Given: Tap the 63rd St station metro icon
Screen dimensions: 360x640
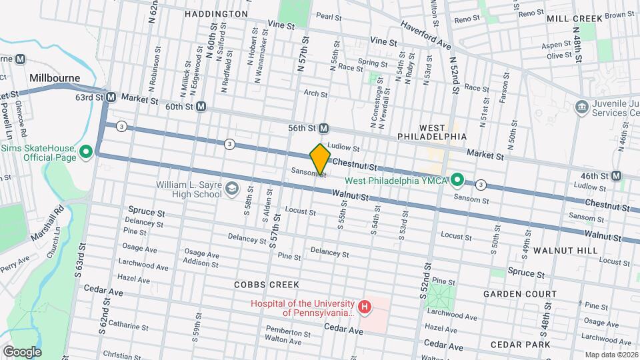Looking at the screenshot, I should tap(111, 97).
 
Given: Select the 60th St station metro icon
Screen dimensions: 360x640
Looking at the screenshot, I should tap(201, 107).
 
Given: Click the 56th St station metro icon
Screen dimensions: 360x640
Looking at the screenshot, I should tap(323, 128).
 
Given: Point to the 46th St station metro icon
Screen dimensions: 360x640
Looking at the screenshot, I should tap(616, 176).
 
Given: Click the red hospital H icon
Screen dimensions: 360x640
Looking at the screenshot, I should tap(365, 307).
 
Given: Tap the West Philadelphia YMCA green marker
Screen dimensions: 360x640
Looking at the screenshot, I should tap(457, 179).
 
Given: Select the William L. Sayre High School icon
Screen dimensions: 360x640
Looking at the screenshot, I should tap(231, 189).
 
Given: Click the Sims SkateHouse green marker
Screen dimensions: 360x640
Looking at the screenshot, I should tap(86, 153).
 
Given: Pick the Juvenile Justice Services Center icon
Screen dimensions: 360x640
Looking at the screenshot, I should tap(580, 107).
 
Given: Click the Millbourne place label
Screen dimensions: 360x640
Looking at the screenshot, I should tap(55, 78).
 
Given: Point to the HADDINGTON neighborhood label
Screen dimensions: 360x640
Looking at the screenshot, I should tap(207, 13).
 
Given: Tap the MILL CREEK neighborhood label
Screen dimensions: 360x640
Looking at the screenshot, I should tap(575, 19).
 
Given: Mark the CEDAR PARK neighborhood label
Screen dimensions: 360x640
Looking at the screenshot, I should tap(520, 344).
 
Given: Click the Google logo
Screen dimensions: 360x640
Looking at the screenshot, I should tap(22, 351).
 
